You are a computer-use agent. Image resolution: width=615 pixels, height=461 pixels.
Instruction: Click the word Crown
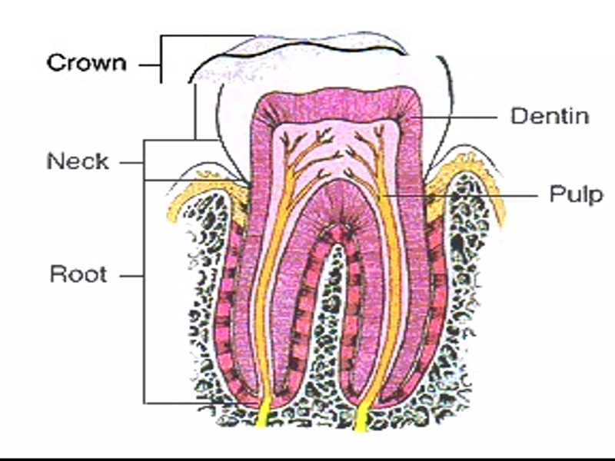(x=86, y=62)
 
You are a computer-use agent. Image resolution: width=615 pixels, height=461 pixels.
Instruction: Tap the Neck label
(x=78, y=162)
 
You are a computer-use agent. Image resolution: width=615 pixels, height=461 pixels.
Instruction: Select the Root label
(x=78, y=274)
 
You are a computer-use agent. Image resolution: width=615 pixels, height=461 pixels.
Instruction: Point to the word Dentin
(x=550, y=117)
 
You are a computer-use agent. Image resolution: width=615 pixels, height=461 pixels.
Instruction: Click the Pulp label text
(x=576, y=194)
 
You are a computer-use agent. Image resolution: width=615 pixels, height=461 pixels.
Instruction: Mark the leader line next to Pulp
(x=461, y=195)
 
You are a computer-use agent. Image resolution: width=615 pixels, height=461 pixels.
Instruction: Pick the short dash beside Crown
(x=148, y=65)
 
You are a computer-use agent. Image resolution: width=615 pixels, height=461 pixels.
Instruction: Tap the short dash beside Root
(x=132, y=274)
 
